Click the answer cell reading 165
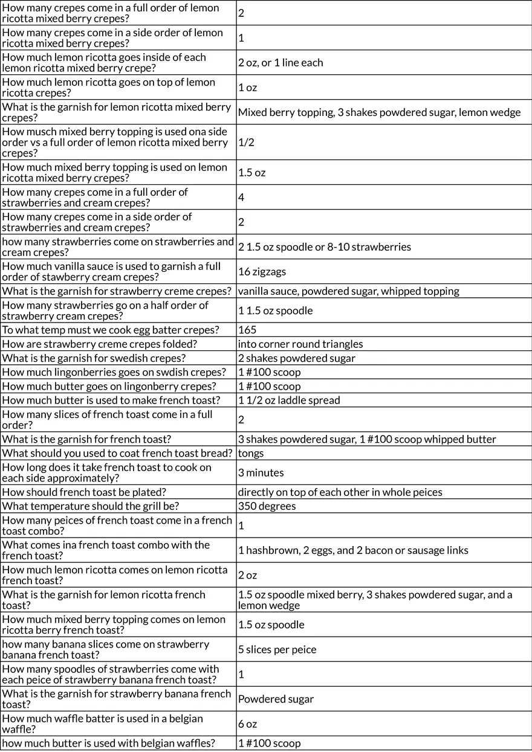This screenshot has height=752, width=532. coord(247,330)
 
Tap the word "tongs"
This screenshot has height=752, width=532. coord(251,453)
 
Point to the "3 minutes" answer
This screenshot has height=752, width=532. coord(261,472)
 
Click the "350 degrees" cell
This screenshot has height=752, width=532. coord(267,506)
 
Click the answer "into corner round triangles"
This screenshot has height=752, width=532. coord(300,344)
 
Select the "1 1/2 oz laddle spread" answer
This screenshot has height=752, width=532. coord(289,400)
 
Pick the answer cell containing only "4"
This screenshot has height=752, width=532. coord(241,198)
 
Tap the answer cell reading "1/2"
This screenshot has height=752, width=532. coord(246,143)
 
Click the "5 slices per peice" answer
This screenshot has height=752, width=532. coord(277,649)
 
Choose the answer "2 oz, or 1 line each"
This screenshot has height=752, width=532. coord(281,63)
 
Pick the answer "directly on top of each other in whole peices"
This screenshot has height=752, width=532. coord(340,492)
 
